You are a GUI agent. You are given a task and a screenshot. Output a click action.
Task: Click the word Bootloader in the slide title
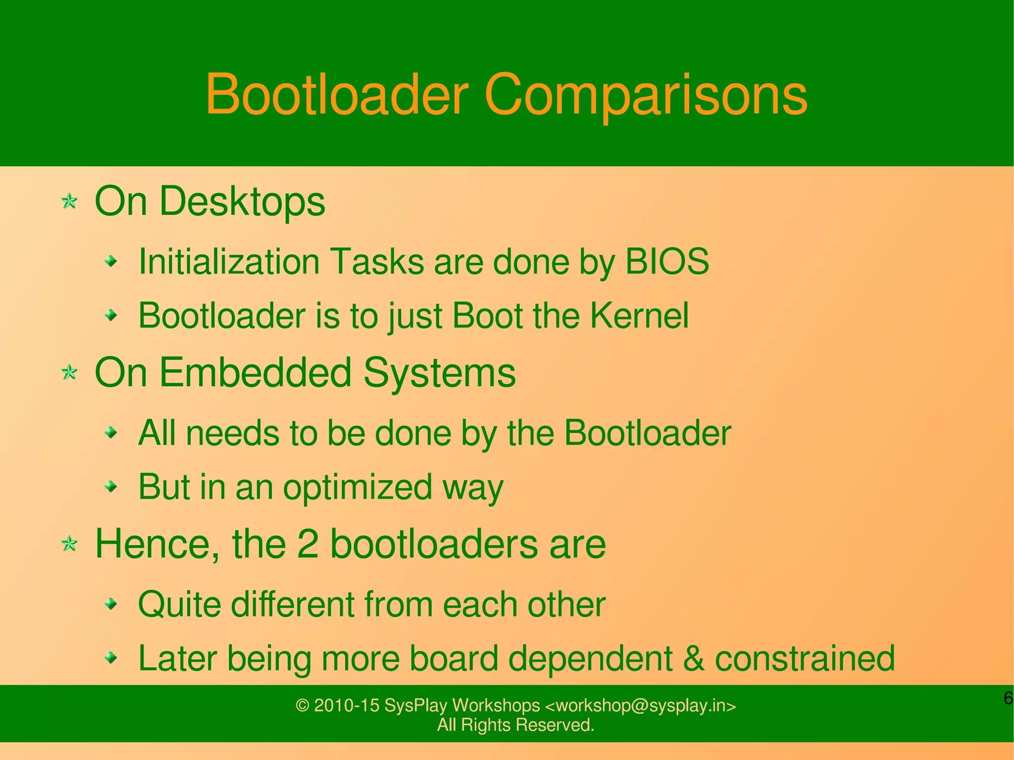[x=337, y=94]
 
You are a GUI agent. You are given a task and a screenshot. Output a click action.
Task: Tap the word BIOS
[x=667, y=261]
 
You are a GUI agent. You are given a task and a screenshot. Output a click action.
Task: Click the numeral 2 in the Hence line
[x=307, y=544]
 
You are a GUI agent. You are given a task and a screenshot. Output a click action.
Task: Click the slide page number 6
[x=1008, y=699]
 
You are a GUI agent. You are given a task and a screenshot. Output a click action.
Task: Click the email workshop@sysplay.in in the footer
[x=640, y=706]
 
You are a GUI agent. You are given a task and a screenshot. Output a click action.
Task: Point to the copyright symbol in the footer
[x=302, y=706]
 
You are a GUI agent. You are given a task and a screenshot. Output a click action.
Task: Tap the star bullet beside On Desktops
[x=69, y=202]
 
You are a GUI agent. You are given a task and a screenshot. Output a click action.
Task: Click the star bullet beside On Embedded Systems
[x=69, y=372]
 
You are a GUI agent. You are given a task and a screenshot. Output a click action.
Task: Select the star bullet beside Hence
[x=69, y=544]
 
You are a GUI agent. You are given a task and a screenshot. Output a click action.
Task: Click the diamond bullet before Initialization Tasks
[x=112, y=260]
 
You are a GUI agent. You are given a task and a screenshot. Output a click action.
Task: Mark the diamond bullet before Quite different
[x=112, y=604]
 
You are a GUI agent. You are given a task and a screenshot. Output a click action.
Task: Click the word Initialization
[x=229, y=261]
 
